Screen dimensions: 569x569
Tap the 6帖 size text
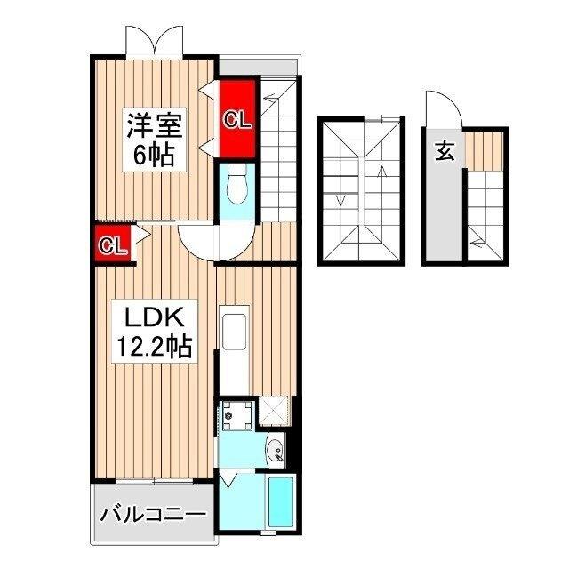(154, 155)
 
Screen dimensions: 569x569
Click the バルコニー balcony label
(153, 514)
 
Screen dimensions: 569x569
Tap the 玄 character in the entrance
(445, 151)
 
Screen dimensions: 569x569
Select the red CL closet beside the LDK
(112, 244)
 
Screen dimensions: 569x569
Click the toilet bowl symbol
(236, 186)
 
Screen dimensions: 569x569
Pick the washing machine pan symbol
(236, 413)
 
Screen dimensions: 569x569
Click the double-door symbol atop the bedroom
(154, 40)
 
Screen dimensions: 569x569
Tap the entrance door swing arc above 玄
(442, 109)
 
